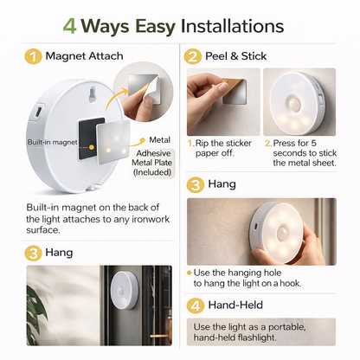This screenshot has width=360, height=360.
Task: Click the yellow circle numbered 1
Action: [x=31, y=57]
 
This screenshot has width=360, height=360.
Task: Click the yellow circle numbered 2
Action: [x=193, y=56]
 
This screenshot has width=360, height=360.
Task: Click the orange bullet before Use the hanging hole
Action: [x=190, y=271]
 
